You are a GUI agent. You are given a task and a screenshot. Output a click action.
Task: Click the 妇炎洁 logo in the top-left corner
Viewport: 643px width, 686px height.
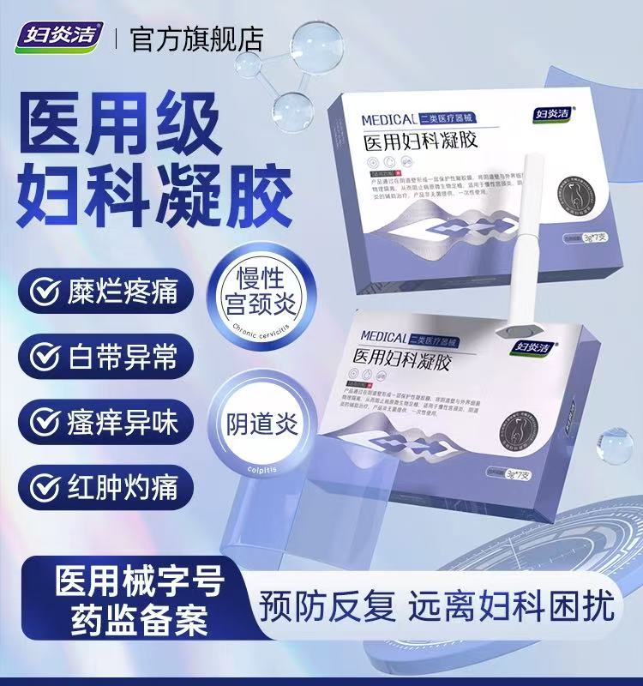pos(59,37)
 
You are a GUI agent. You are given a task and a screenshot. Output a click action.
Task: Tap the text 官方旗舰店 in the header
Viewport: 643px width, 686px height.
pos(197,38)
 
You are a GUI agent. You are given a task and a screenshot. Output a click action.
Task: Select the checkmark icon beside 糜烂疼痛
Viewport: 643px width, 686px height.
pos(44,292)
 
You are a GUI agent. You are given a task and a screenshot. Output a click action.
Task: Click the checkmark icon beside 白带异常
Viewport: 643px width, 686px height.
pos(44,356)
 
